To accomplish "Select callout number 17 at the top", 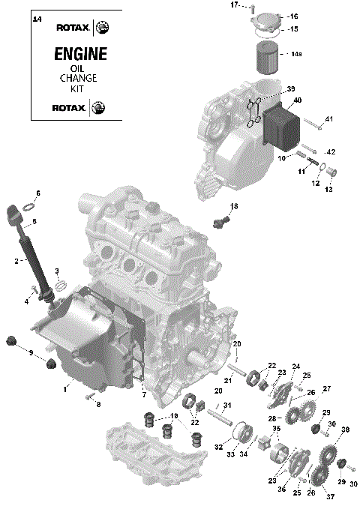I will [x=234, y=5].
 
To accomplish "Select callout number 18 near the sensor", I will [x=234, y=206].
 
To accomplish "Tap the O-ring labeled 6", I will [x=27, y=205].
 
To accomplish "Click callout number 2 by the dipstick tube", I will [x=16, y=261].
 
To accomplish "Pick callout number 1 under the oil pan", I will [x=65, y=388].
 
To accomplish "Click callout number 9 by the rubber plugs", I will [x=31, y=352].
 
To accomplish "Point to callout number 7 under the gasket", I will [x=144, y=394].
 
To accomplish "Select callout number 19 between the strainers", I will [x=174, y=417].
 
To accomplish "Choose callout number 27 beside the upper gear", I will [x=327, y=388].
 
